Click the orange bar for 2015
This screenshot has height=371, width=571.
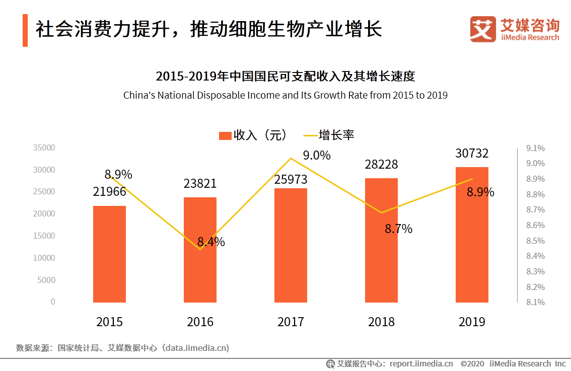pyautogui.click(x=109, y=254)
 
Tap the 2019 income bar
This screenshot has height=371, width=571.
pyautogui.click(x=472, y=235)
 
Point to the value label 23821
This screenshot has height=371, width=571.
pyautogui.click(x=200, y=184)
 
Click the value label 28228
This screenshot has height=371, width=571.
pyautogui.click(x=381, y=165)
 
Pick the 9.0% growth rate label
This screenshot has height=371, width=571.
pyautogui.click(x=317, y=156)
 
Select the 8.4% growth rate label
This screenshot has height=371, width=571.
pyautogui.click(x=211, y=242)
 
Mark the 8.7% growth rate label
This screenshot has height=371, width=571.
pyautogui.click(x=398, y=229)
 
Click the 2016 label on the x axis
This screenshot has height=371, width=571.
pyautogui.click(x=200, y=322)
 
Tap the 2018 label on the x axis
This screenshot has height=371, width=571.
pyautogui.click(x=381, y=322)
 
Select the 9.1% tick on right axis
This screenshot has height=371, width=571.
pyautogui.click(x=535, y=148)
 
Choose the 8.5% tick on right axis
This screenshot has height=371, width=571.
pyautogui.click(x=535, y=241)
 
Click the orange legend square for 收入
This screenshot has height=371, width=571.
pyautogui.click(x=225, y=135)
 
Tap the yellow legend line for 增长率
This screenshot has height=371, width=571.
pyautogui.click(x=310, y=135)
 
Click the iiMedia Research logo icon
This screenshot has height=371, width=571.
pyautogui.click(x=483, y=29)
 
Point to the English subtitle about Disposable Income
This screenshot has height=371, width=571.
pyautogui.click(x=285, y=95)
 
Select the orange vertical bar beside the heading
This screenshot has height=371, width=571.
pyautogui.click(x=25, y=31)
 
